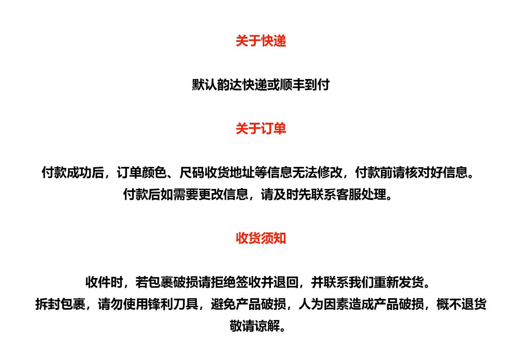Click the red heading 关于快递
click(x=261, y=41)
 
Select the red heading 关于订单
click(x=261, y=129)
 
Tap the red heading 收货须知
click(x=261, y=238)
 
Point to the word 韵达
click(x=230, y=85)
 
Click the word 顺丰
click(x=292, y=85)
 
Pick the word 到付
click(x=317, y=85)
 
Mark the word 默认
click(x=204, y=85)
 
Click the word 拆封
click(x=48, y=304)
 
